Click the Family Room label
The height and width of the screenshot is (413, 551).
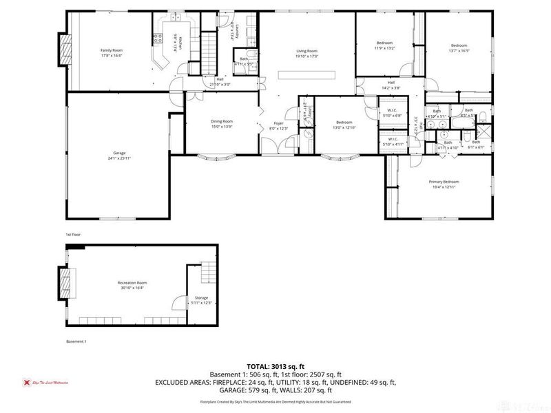click(112, 50)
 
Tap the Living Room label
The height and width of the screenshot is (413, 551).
click(306, 50)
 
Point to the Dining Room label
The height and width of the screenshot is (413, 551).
click(222, 121)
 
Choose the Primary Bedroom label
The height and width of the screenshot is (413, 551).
click(444, 182)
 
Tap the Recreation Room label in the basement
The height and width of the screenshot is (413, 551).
click(132, 282)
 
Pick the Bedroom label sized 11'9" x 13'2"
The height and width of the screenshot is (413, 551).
click(384, 43)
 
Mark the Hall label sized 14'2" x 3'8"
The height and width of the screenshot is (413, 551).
click(391, 83)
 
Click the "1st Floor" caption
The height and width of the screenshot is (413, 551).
click(73, 235)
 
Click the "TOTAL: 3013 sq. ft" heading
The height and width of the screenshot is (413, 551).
click(275, 366)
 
